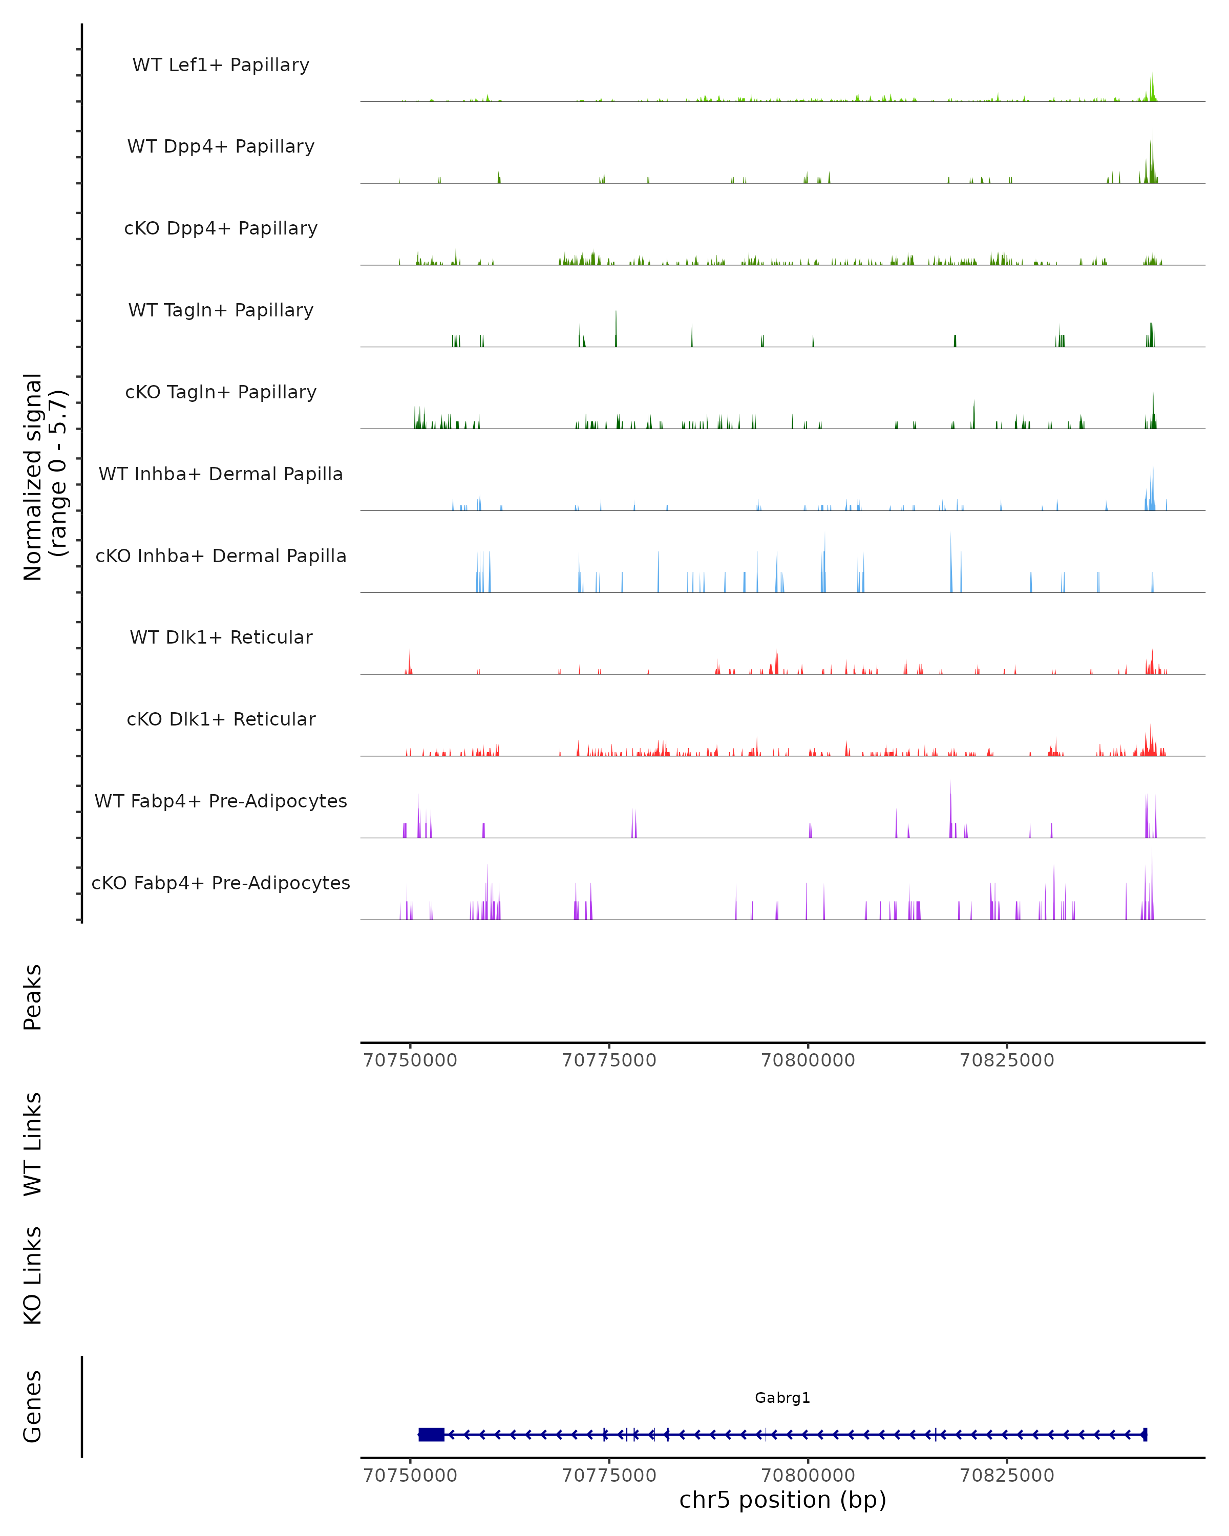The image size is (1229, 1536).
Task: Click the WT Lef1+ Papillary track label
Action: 221,65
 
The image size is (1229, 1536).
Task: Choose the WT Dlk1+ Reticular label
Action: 221,637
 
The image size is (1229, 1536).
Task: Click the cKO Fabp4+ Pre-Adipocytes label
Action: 221,883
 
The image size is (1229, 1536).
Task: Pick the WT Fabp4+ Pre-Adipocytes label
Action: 221,801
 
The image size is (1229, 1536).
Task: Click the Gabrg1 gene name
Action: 782,1398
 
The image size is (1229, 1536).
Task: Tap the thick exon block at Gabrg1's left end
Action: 431,1434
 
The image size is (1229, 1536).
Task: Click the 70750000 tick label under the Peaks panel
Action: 410,1060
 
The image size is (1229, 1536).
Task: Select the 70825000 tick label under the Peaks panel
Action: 1007,1060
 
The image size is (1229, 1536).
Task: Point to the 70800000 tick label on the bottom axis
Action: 808,1476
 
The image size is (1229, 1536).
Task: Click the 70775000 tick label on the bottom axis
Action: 609,1476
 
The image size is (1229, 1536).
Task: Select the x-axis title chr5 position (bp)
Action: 782,1500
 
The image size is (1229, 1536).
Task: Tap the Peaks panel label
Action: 33,997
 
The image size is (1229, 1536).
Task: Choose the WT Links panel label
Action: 33,1143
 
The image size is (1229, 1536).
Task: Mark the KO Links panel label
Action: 33,1275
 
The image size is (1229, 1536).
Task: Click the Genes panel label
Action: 33,1406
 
